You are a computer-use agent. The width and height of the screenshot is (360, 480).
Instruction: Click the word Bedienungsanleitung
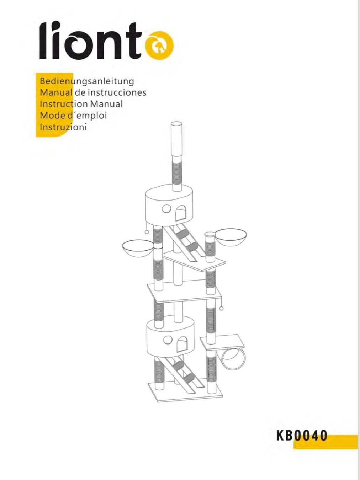coord(87,81)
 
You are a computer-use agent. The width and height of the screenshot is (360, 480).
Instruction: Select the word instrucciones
coord(117,92)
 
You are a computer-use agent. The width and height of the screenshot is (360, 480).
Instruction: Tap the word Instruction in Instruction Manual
coord(64,104)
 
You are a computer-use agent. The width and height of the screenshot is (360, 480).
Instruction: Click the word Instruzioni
coord(63,127)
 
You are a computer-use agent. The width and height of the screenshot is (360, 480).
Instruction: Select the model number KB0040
coord(302,436)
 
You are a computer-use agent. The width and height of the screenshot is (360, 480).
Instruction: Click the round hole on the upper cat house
coord(166,208)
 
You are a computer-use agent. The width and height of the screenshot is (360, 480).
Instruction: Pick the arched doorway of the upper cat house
coord(181,213)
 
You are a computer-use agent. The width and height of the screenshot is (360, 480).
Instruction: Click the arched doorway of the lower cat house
coord(182,344)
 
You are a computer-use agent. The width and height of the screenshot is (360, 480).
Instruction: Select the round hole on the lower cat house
coord(168,340)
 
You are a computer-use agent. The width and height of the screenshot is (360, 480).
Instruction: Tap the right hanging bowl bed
coord(231,237)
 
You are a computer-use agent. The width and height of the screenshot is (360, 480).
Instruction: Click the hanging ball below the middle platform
coord(221,309)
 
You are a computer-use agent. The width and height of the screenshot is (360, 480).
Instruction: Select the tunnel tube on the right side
coord(233,358)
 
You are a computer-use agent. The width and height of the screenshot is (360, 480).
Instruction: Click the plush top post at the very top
coord(177,139)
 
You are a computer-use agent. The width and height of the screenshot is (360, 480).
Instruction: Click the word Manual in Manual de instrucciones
coord(56,92)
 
